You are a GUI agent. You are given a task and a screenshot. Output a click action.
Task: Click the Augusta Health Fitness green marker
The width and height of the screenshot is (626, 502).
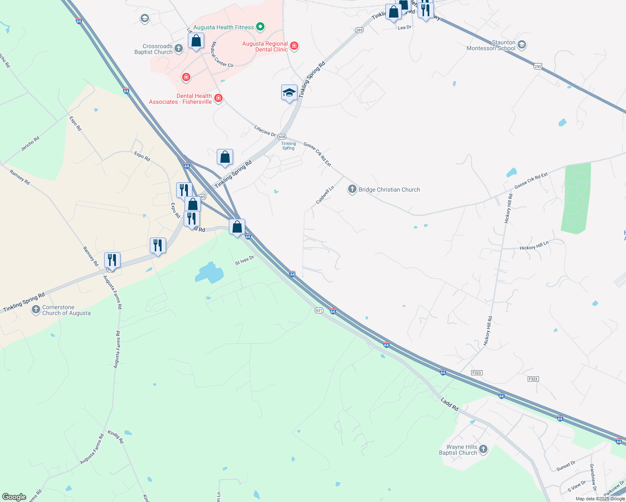pyautogui.click(x=260, y=28)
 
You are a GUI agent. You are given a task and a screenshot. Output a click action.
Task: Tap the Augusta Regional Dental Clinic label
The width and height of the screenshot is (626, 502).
pyautogui.click(x=265, y=46)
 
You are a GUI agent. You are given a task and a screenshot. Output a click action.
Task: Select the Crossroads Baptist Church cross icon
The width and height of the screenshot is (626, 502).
pyautogui.click(x=179, y=49)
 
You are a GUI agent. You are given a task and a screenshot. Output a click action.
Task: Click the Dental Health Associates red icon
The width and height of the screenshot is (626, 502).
pyautogui.click(x=218, y=99)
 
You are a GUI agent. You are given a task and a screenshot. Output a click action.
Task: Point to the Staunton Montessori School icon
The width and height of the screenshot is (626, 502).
pyautogui.click(x=521, y=45)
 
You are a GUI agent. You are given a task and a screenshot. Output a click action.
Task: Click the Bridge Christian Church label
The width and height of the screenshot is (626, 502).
pyautogui.click(x=389, y=190)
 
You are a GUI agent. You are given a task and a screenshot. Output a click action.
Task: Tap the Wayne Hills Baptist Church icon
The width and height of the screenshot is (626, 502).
pyautogui.click(x=483, y=449)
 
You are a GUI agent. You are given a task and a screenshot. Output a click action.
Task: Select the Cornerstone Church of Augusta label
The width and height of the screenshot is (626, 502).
pyautogui.click(x=66, y=310)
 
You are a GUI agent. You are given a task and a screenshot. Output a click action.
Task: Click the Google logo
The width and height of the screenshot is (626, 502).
pyautogui.click(x=14, y=497)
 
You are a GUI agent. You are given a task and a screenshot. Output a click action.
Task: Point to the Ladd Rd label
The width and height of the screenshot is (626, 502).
pyautogui.click(x=449, y=404)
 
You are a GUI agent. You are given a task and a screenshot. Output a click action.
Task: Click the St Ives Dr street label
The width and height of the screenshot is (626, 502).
pyautogui.click(x=244, y=260)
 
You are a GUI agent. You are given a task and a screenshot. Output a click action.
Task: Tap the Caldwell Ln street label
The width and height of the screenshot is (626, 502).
pyautogui.click(x=325, y=195)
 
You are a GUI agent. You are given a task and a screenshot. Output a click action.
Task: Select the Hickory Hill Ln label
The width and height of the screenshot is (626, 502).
pyautogui.click(x=534, y=246)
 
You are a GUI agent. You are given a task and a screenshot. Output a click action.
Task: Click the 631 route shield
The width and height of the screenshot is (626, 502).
pyautogui.click(x=319, y=310)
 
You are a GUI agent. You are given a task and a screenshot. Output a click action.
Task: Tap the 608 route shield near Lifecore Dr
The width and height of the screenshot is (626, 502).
pyautogui.click(x=282, y=137)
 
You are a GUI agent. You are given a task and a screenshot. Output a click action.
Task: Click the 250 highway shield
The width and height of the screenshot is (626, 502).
pyautogui.click(x=538, y=66)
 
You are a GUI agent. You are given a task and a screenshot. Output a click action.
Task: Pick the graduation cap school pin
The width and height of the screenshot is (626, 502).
pyautogui.click(x=289, y=92)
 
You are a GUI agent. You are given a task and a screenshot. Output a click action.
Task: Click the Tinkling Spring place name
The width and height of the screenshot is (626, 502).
pyautogui.click(x=288, y=146)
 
